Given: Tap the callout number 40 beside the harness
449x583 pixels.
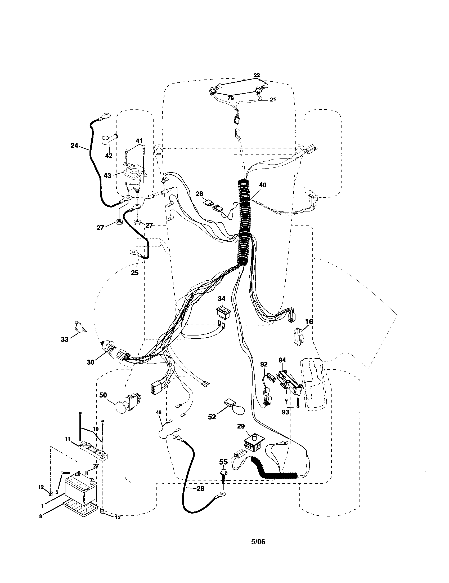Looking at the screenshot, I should pyautogui.click(x=263, y=185).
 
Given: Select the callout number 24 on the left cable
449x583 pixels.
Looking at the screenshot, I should pyautogui.click(x=74, y=145).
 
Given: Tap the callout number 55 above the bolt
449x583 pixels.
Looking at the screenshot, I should pyautogui.click(x=223, y=462).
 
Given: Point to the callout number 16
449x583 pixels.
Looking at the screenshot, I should pyautogui.click(x=308, y=322).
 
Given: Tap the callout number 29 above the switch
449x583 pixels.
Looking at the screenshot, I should pyautogui.click(x=240, y=426).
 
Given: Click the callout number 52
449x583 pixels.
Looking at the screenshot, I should pyautogui.click(x=212, y=416).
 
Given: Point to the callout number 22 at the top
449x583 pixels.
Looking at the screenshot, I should pyautogui.click(x=257, y=75).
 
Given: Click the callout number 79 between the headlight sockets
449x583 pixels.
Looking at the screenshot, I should pyautogui.click(x=231, y=98).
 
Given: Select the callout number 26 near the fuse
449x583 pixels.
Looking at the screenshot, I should pyautogui.click(x=199, y=194).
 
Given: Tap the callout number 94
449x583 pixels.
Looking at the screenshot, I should pyautogui.click(x=282, y=360).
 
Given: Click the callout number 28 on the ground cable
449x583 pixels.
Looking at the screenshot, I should pyautogui.click(x=200, y=488).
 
